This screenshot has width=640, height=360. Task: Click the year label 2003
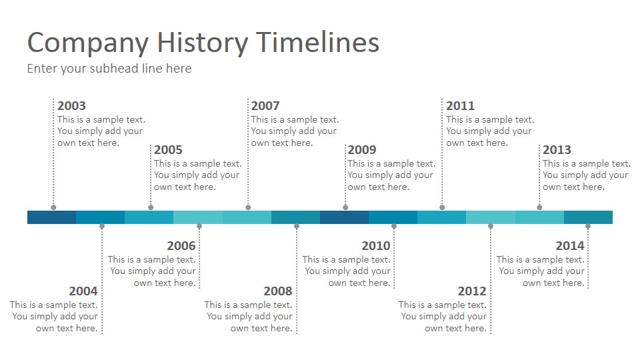[x=71, y=106]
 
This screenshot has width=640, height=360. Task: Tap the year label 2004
[x=83, y=291]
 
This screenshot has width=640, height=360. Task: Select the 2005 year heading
[x=168, y=150]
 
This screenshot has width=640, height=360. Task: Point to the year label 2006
[x=181, y=246]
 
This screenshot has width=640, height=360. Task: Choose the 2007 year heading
[x=265, y=106]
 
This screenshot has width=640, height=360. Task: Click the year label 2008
[x=278, y=291]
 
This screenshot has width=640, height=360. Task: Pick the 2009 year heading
[x=362, y=150]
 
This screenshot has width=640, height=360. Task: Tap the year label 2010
[x=376, y=246]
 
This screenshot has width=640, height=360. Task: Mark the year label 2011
[x=461, y=106]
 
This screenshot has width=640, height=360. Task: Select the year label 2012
[x=472, y=291]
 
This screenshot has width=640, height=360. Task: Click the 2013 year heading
[x=557, y=150]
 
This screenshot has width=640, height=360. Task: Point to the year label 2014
[x=570, y=246]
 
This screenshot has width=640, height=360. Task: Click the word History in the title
[x=203, y=43]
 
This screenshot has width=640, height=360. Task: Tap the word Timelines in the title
[x=318, y=42]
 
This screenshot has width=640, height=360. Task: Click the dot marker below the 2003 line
[x=53, y=207]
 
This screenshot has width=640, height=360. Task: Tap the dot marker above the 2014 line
[x=588, y=226]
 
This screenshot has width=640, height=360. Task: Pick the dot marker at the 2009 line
[x=345, y=207]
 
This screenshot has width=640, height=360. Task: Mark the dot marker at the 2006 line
[x=199, y=226]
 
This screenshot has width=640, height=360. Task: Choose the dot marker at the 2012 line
[x=491, y=226]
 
